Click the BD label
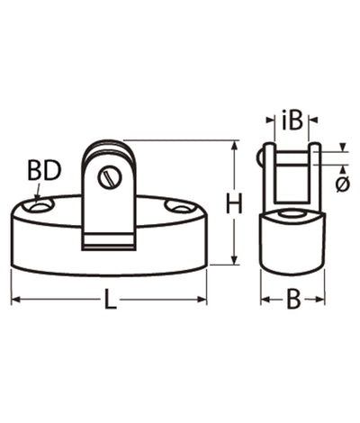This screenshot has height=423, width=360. click(x=44, y=170)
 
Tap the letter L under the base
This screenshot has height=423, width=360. click(x=110, y=299)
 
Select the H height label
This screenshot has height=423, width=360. click(x=234, y=203)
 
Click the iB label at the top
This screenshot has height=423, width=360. click(x=292, y=121)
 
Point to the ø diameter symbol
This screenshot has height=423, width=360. click(x=342, y=184)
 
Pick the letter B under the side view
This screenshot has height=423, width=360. click(x=293, y=299)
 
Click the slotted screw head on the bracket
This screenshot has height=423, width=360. click(x=110, y=178)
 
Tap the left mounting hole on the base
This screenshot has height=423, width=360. click(x=40, y=206)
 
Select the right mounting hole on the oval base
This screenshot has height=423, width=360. click(x=179, y=206)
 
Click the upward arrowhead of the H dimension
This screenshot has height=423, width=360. click(x=235, y=146)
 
